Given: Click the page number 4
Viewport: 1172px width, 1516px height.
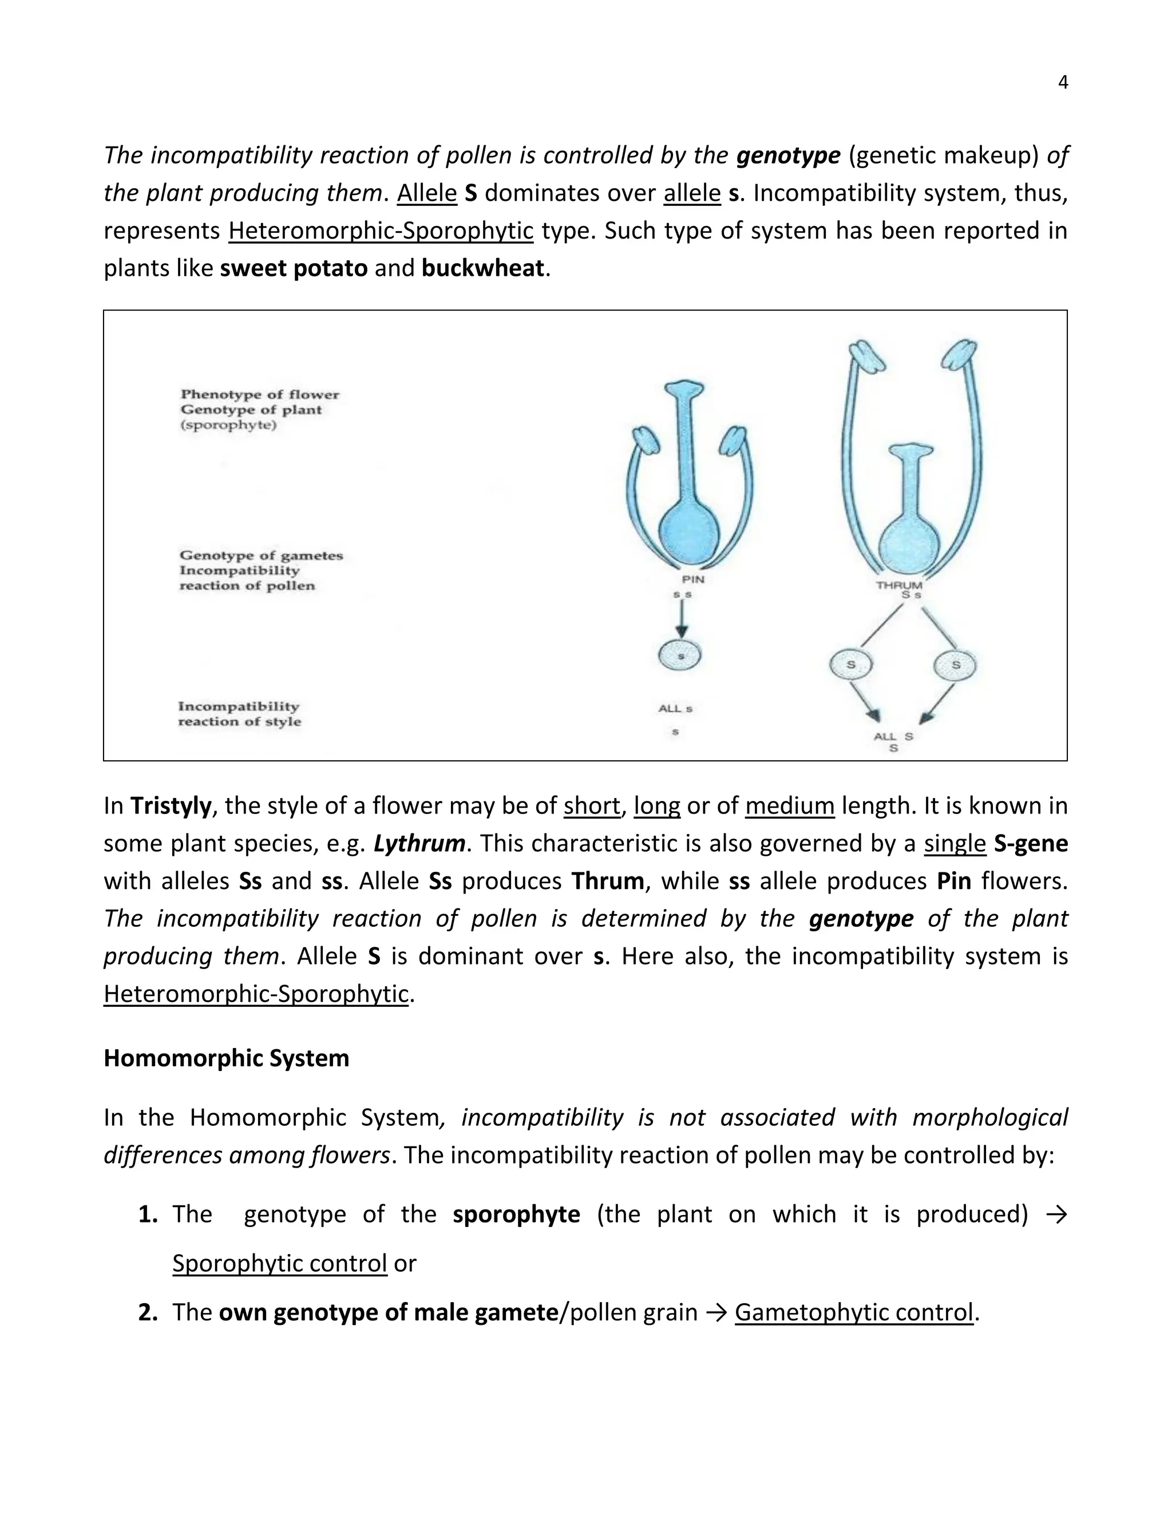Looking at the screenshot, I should point(1062,82).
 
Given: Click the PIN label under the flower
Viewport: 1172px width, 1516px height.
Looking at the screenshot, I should point(693,578).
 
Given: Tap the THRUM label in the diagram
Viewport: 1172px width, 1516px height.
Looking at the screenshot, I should point(899,585).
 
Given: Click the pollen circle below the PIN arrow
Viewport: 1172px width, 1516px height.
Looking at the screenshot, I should point(679,655).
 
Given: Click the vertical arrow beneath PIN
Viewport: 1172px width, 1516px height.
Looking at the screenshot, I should point(682,618).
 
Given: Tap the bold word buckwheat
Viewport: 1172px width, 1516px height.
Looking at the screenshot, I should point(482,268).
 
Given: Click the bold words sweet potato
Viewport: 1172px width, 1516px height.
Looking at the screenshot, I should point(294,268).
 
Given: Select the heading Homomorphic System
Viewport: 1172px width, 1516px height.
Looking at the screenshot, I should point(227,1058).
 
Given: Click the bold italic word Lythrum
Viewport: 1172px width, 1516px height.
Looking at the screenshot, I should point(419,843).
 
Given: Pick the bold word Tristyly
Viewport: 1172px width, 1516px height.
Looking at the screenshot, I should point(171,806).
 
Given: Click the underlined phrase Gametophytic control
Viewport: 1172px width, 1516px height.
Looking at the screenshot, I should point(853,1312).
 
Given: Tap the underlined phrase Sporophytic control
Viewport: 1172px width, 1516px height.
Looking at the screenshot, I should point(279,1263).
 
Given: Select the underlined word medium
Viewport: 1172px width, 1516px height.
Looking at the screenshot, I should point(789,806).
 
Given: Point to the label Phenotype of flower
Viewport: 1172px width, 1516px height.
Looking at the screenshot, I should point(260,394).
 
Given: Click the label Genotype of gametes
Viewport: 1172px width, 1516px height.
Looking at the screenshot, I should point(261,555).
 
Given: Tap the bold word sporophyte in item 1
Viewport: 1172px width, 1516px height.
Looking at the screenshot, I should point(516,1214).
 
